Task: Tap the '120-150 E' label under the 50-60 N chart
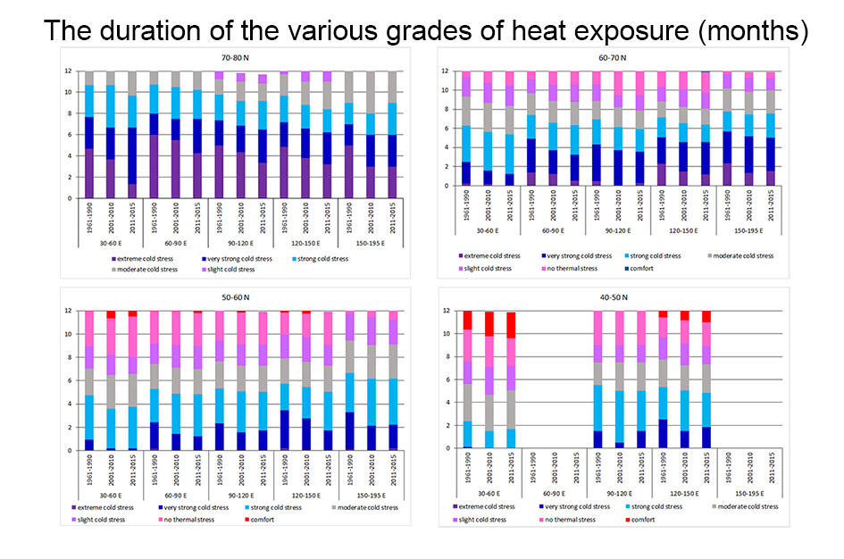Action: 300,494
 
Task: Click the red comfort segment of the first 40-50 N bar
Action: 466,320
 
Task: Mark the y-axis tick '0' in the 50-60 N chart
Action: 69,450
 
